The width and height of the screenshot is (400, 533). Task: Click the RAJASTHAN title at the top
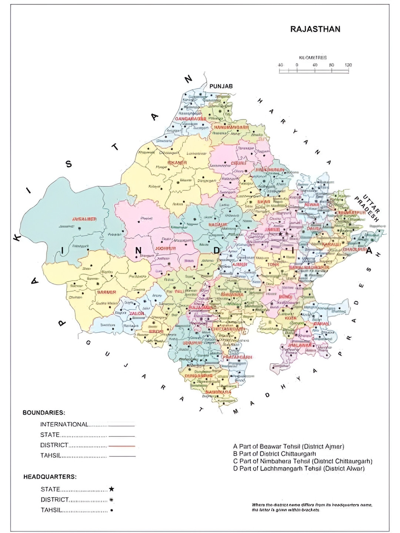pos(315,29)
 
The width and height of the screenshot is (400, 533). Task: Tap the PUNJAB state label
pos(221,86)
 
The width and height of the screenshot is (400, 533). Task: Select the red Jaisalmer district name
pos(84,219)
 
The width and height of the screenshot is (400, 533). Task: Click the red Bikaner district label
pos(177,163)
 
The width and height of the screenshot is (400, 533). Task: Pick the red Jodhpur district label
pos(165,248)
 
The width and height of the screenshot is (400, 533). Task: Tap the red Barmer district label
pos(107,292)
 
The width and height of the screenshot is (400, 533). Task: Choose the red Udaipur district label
pos(193,343)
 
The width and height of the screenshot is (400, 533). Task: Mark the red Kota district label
pos(291,318)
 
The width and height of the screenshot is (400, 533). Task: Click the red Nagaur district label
pos(218,225)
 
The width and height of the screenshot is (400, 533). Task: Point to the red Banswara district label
pos(219,392)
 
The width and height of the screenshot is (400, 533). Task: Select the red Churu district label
pos(238,163)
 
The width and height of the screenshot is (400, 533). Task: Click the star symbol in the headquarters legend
pos(111,489)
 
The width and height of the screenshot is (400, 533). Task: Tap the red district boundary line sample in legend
pos(122,446)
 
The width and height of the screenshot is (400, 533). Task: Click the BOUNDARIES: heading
pos(44,412)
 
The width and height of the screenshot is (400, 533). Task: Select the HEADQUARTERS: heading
pos(50,477)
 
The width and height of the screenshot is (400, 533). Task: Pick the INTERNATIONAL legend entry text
pos(64,425)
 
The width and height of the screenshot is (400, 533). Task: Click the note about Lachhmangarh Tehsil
pos(299,469)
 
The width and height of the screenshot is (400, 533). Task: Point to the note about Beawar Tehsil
pos(289,446)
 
